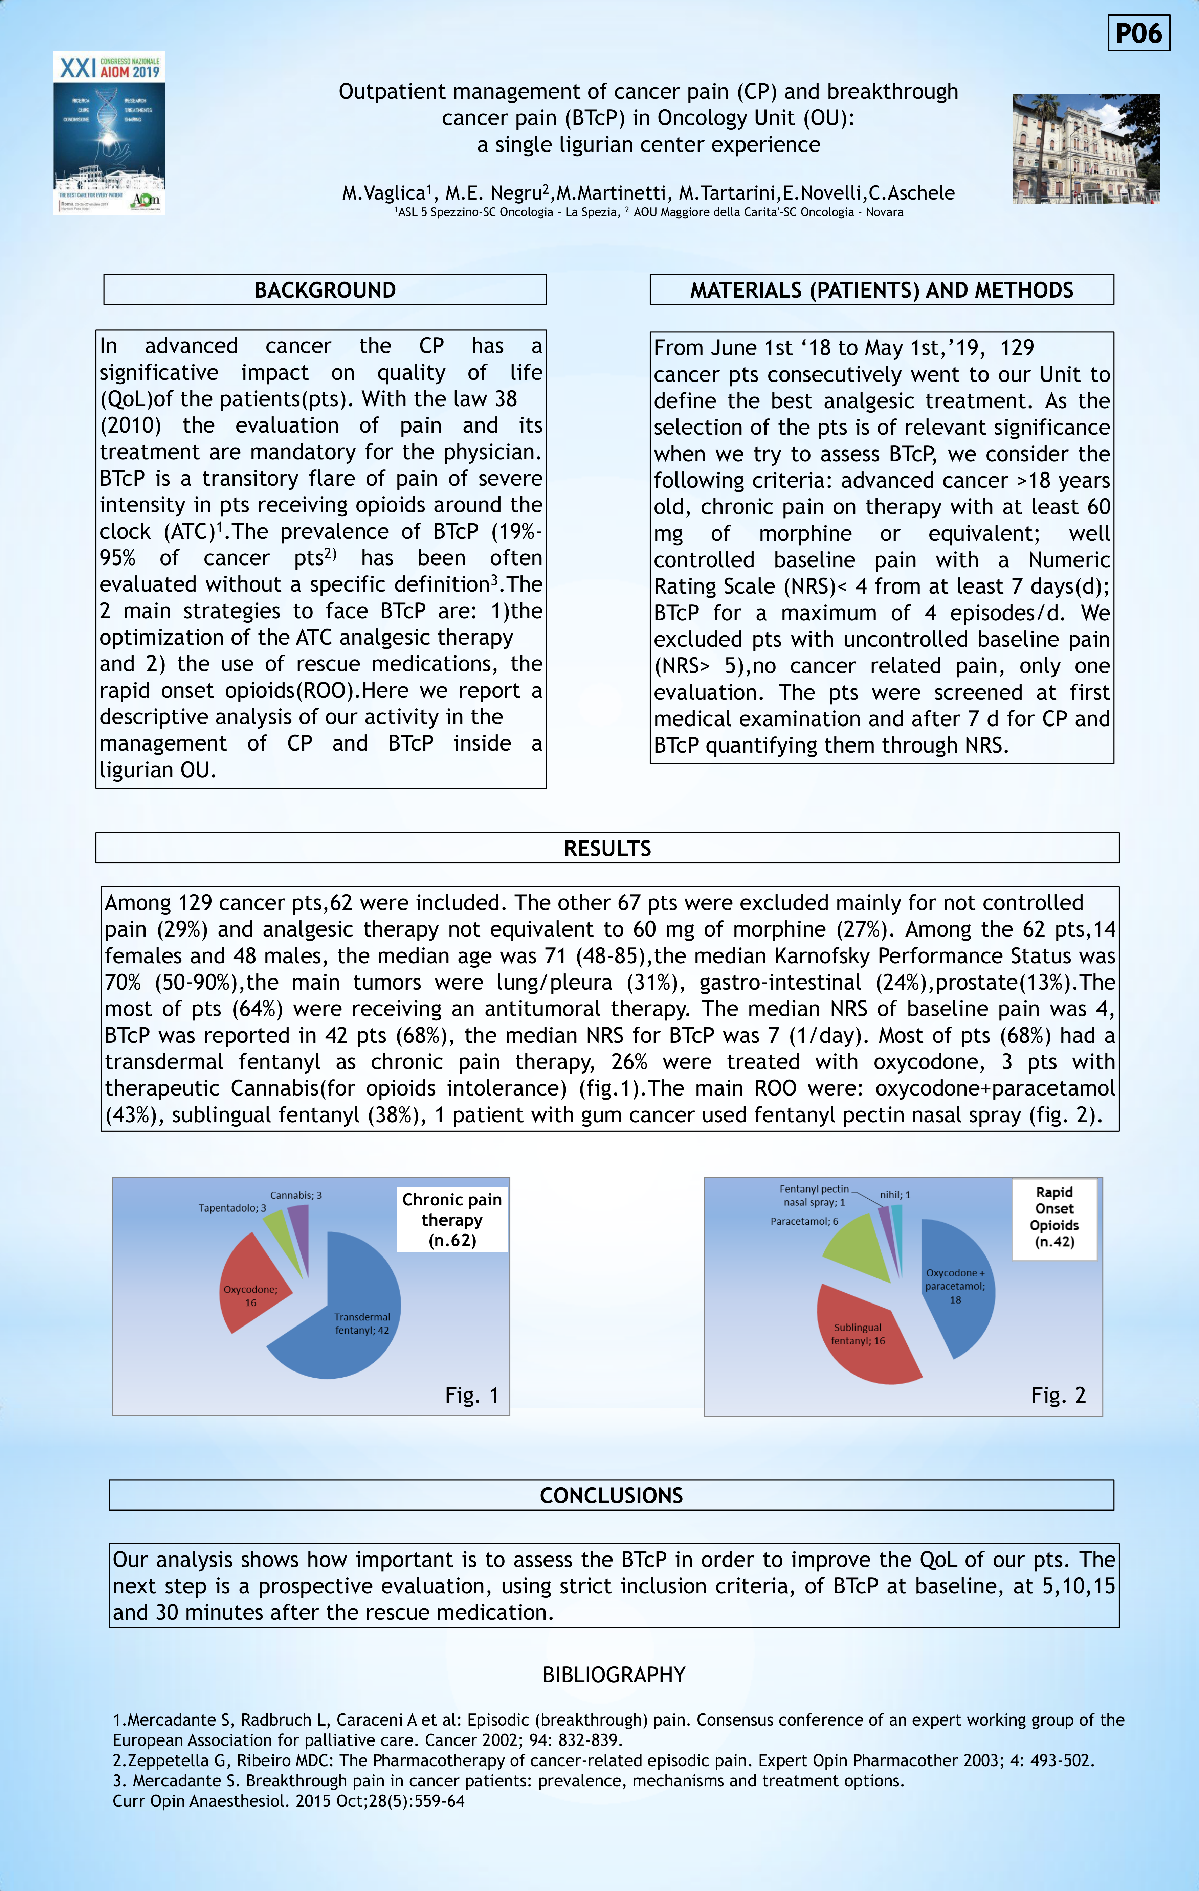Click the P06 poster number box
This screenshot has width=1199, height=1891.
pos(1138,33)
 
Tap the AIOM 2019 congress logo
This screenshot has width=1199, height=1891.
pos(109,133)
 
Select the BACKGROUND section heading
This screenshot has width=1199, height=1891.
pos(325,290)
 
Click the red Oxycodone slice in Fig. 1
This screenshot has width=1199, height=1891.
pos(251,1280)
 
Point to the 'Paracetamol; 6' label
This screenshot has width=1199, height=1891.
pos(804,1221)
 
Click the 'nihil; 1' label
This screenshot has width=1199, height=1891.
pos(895,1195)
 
